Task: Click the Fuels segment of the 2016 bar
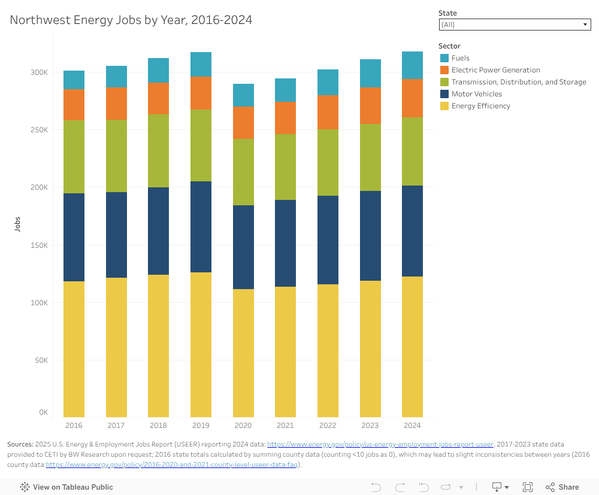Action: (x=74, y=80)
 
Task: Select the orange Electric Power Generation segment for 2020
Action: (x=243, y=122)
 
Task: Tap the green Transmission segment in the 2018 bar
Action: (x=158, y=151)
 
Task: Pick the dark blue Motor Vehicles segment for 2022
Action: (x=328, y=239)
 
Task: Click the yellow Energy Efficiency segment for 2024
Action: (x=412, y=347)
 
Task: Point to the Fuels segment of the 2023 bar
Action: (x=370, y=73)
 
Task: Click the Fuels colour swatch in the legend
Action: (x=444, y=58)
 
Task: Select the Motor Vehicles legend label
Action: (x=476, y=94)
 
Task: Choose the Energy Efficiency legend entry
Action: (x=480, y=106)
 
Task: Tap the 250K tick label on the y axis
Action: (x=40, y=130)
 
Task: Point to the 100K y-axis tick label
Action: (x=40, y=303)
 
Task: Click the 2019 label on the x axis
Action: (x=201, y=426)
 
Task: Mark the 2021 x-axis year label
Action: (x=285, y=426)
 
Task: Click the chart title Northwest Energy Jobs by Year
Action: (x=131, y=20)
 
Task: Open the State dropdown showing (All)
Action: (x=515, y=25)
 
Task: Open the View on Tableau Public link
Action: (x=66, y=487)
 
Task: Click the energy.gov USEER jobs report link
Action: (x=380, y=444)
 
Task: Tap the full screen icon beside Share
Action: (x=528, y=487)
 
